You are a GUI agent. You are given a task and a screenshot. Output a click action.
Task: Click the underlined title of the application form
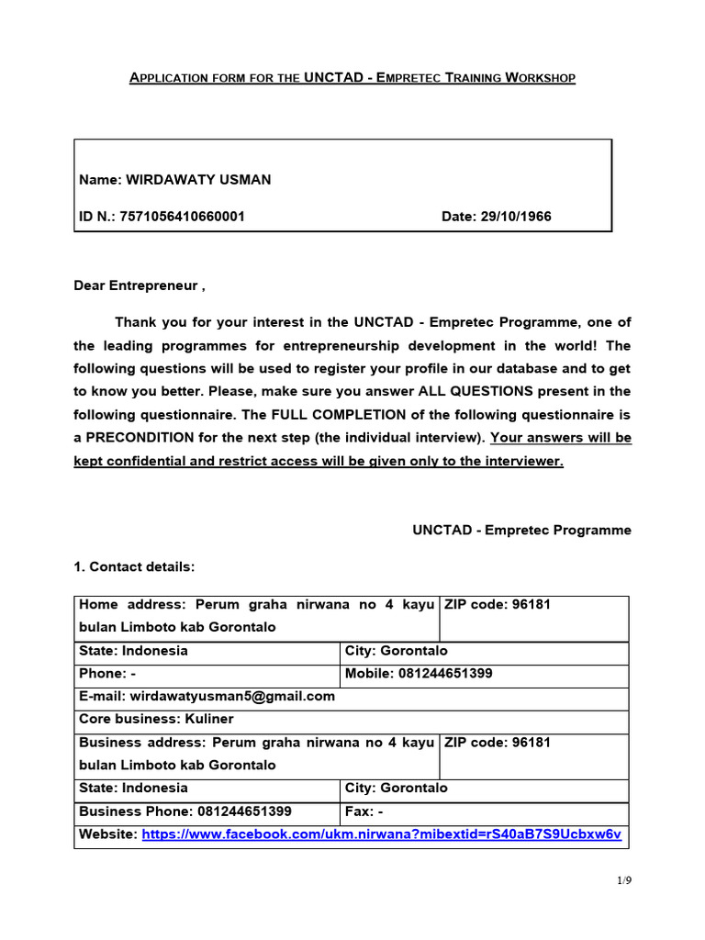(x=352, y=78)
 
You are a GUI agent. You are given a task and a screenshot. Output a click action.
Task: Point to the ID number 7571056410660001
(x=192, y=217)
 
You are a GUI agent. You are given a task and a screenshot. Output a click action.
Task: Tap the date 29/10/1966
(x=520, y=217)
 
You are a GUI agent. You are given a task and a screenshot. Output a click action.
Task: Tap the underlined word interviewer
(x=522, y=461)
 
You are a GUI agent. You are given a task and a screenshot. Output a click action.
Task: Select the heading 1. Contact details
(x=134, y=566)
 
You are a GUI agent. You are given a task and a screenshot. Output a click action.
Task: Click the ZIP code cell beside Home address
(x=534, y=617)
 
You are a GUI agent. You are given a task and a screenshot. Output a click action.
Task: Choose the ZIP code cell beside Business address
(x=534, y=754)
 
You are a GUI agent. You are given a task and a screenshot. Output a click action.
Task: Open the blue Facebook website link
(x=381, y=834)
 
